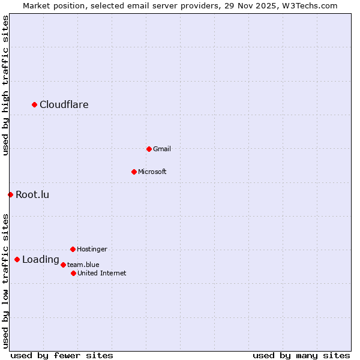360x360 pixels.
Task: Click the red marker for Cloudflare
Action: click(x=35, y=104)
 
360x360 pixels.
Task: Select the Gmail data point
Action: click(x=149, y=149)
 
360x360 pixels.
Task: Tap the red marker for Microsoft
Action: click(x=134, y=172)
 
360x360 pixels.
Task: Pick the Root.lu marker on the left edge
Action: click(x=10, y=194)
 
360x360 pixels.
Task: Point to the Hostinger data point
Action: click(x=73, y=249)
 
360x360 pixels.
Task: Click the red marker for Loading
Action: click(x=17, y=259)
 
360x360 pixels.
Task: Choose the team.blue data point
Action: click(x=63, y=264)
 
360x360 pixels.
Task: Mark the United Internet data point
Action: click(x=73, y=273)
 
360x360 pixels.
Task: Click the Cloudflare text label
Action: click(x=64, y=104)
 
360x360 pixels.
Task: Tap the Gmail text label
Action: click(x=162, y=149)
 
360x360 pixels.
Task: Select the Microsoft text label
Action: click(x=152, y=172)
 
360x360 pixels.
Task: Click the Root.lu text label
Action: click(x=32, y=194)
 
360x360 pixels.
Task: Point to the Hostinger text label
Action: click(x=92, y=249)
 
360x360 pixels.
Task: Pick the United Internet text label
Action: click(x=102, y=273)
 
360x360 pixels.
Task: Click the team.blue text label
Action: click(x=83, y=264)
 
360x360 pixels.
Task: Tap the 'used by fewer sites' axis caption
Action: click(x=62, y=355)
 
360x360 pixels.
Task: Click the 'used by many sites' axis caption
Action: click(x=301, y=355)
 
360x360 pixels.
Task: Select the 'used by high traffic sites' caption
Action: click(x=5, y=85)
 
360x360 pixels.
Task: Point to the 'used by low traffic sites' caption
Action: click(x=5, y=281)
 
